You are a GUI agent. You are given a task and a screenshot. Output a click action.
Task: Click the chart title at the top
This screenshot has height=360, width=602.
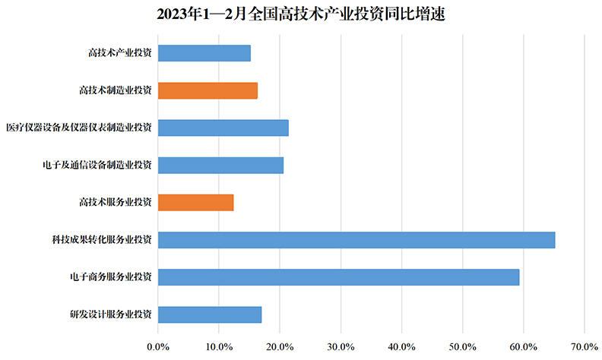point(301,14)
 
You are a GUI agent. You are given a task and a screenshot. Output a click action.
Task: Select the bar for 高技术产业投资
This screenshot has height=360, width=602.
point(204,53)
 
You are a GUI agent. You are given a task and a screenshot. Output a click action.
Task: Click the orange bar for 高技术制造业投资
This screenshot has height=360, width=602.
point(208,90)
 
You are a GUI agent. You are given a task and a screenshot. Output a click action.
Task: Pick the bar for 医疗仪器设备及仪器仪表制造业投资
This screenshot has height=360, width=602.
point(223,128)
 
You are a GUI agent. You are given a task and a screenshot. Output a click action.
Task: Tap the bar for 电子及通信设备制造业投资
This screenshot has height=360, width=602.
point(220,165)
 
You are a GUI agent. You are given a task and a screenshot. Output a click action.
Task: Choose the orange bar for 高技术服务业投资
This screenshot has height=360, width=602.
point(195,203)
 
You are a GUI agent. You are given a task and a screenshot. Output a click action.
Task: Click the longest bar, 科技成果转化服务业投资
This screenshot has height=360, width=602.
point(356,240)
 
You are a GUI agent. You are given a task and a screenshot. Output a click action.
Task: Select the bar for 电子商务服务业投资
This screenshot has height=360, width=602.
point(338,277)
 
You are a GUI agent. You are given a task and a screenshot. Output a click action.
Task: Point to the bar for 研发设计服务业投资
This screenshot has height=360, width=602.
point(209,314)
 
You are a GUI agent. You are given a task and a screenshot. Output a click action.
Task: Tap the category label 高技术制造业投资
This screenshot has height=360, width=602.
point(116,90)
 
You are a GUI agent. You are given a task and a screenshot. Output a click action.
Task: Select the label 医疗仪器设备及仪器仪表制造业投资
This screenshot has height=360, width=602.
point(78,128)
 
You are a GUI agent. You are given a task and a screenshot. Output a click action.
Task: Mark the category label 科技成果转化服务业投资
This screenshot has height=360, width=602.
point(100,240)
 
